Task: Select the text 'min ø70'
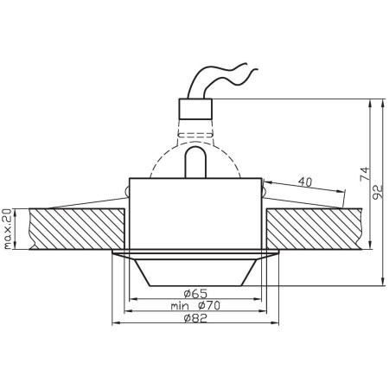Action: (x=194, y=306)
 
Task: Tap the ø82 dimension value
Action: (x=194, y=319)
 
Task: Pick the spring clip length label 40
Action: (x=304, y=182)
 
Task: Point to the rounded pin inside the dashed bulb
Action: (x=195, y=163)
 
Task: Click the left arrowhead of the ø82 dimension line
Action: (x=115, y=325)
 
